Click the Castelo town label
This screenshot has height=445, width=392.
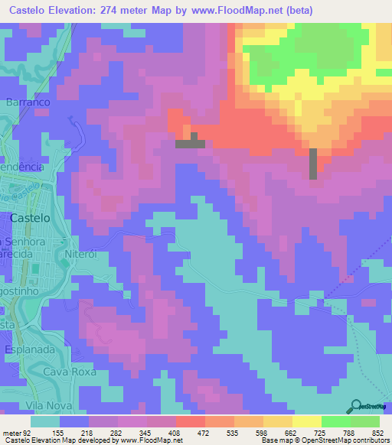[x=31, y=218]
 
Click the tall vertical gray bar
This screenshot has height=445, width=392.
[x=312, y=164]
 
